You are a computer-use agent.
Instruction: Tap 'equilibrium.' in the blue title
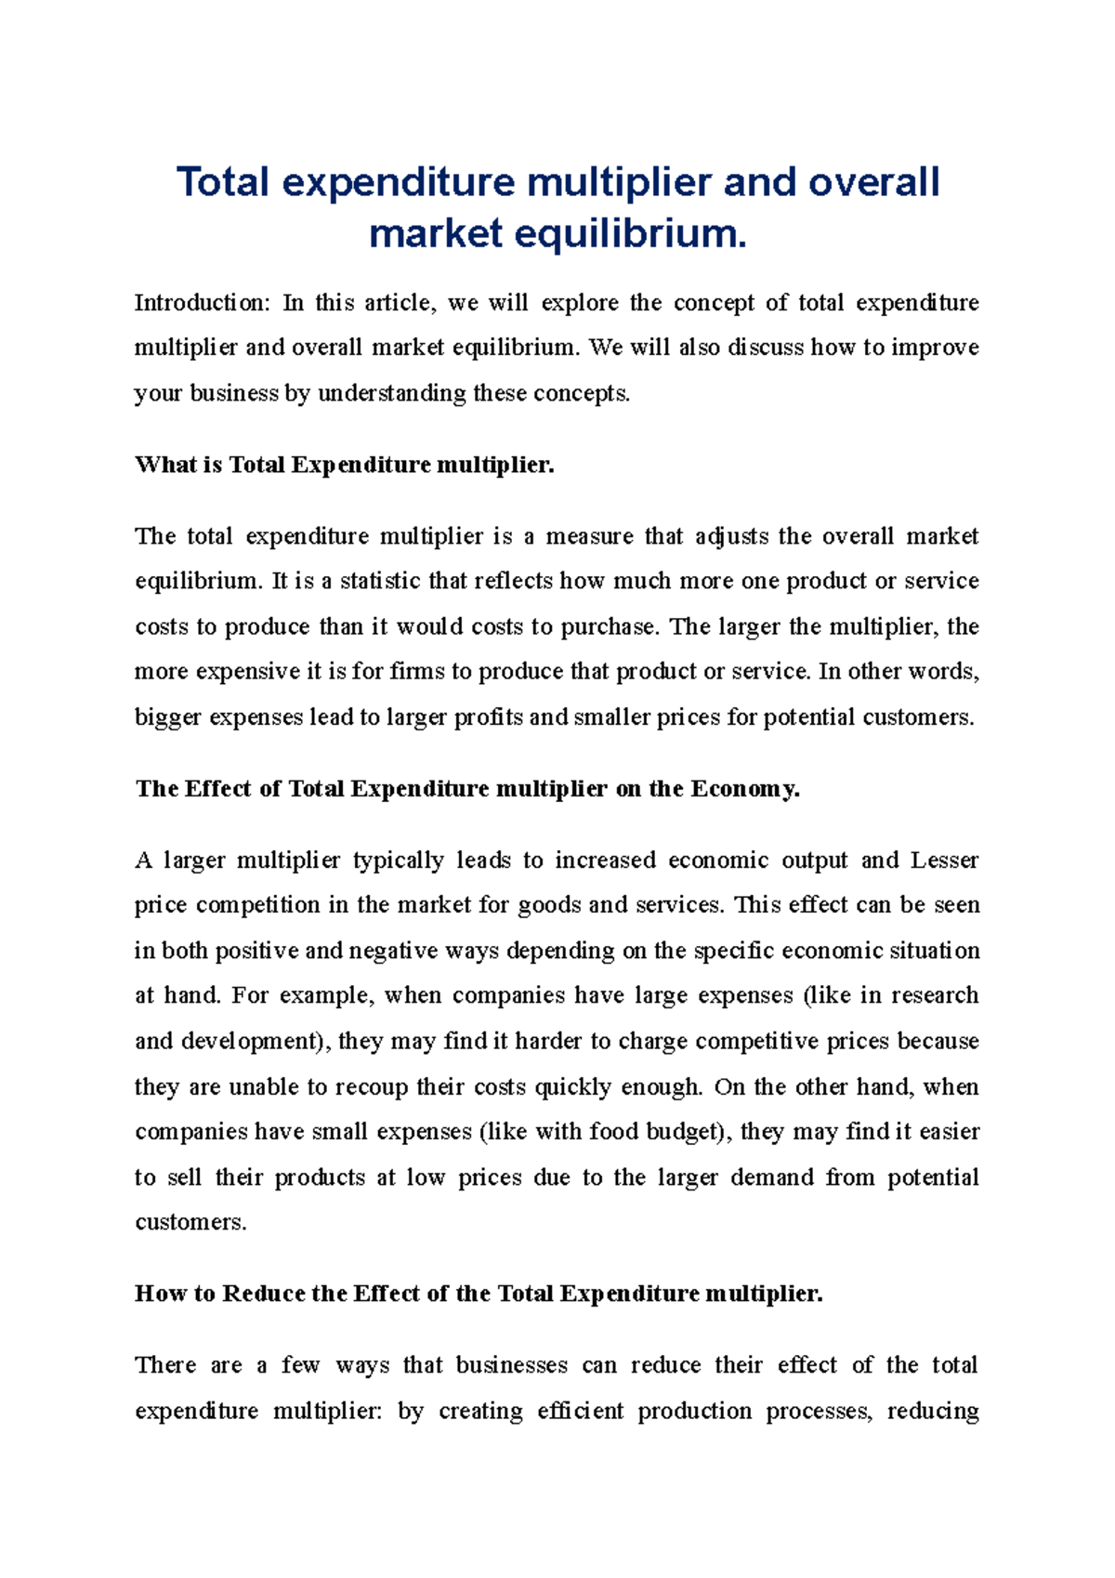tap(631, 233)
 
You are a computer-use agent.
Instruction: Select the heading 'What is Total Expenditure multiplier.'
tap(345, 465)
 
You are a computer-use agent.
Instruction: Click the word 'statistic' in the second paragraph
tap(379, 582)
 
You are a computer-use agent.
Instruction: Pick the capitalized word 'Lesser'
tap(944, 861)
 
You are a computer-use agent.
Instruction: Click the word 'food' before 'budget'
tap(613, 1132)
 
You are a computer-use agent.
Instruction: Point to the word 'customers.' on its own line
tap(190, 1223)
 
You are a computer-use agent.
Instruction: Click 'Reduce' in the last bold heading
tap(264, 1294)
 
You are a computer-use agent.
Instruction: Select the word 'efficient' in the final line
tap(580, 1412)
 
